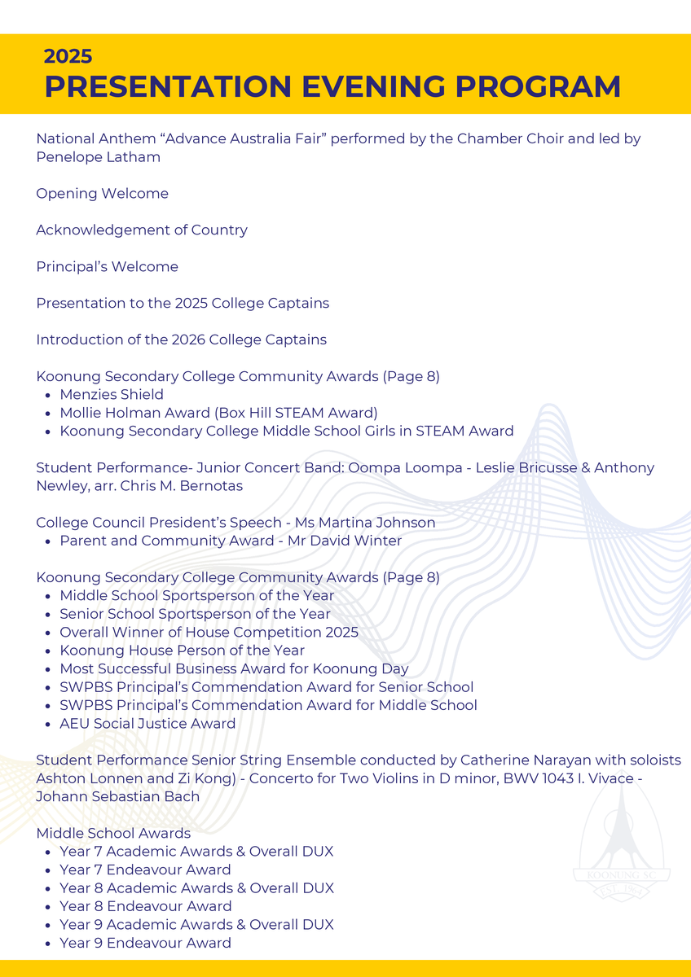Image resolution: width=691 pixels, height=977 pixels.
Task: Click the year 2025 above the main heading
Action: pyautogui.click(x=68, y=56)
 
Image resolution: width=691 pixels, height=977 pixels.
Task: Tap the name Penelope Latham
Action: pyautogui.click(x=98, y=157)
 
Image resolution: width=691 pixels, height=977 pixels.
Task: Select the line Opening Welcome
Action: pyautogui.click(x=102, y=194)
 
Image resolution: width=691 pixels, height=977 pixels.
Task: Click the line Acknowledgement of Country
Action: pyautogui.click(x=142, y=230)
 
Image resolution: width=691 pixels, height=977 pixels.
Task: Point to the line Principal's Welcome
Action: pyautogui.click(x=107, y=267)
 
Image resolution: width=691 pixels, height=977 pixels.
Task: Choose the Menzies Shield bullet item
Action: pyautogui.click(x=112, y=395)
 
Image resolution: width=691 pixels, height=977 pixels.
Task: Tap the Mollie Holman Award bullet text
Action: pyautogui.click(x=218, y=413)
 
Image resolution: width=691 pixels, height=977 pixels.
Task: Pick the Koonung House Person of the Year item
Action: pyautogui.click(x=182, y=651)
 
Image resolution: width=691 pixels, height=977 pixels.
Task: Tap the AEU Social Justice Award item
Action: pyautogui.click(x=147, y=724)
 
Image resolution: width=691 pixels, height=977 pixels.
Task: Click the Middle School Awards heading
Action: pyautogui.click(x=113, y=833)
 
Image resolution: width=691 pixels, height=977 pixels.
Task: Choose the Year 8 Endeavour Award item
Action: pyautogui.click(x=145, y=906)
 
